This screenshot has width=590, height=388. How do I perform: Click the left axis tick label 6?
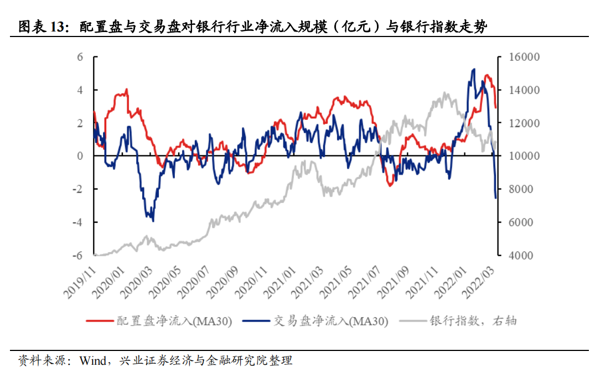click(x=80, y=57)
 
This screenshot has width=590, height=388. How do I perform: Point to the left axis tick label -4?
click(x=78, y=222)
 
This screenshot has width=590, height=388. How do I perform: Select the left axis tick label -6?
click(x=78, y=255)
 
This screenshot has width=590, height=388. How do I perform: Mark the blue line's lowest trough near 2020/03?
click(x=153, y=221)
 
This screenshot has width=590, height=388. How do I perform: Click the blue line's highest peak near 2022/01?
click(x=474, y=70)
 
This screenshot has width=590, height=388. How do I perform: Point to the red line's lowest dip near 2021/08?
click(x=390, y=185)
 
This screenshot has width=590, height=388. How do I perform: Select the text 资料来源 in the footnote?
click(x=40, y=361)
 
